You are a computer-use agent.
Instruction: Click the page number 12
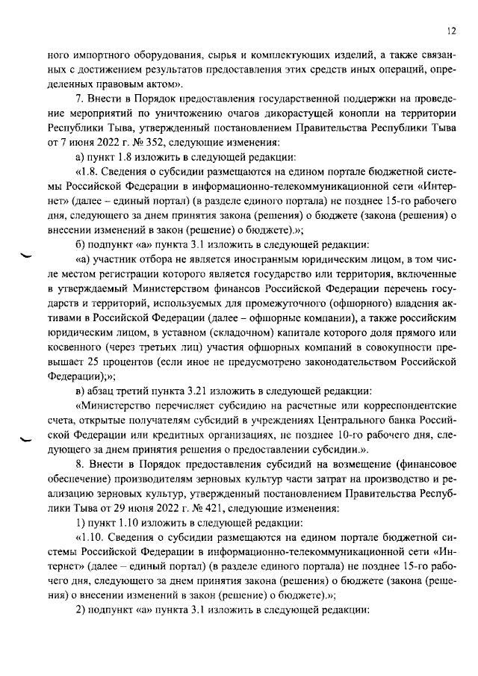coord(451,31)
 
